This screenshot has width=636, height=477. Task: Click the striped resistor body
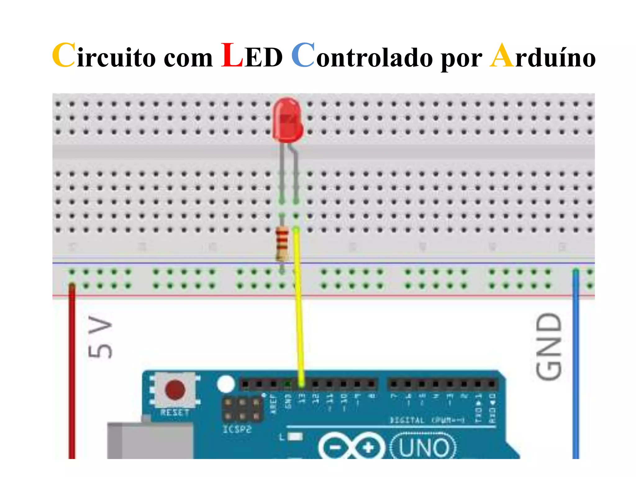coord(282,243)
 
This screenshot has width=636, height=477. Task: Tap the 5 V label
coord(100,337)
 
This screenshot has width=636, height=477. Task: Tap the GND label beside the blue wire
coord(549,346)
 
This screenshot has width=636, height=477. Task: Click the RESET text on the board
coord(175,413)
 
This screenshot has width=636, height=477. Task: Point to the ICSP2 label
coord(237,429)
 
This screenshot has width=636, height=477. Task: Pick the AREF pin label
coord(273,404)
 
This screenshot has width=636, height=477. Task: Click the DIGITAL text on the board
coord(407,420)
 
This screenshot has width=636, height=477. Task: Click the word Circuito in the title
coord(104,56)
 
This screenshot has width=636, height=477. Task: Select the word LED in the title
coord(252,56)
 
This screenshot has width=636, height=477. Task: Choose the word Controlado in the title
coord(362,56)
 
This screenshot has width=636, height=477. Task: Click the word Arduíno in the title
coord(542,56)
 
